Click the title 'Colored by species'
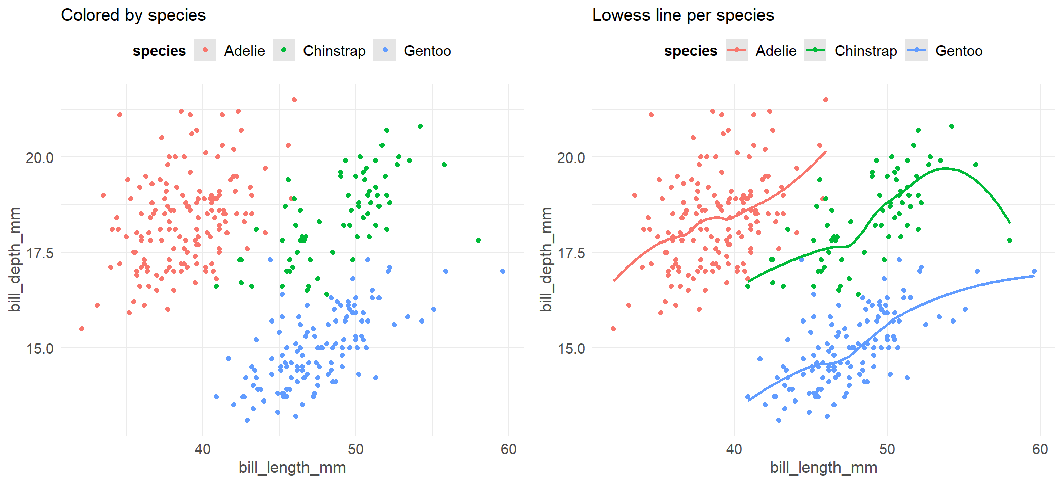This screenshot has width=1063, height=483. [x=133, y=15]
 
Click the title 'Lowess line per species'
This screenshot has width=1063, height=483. [x=683, y=15]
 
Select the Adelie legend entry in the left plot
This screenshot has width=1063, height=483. [x=244, y=51]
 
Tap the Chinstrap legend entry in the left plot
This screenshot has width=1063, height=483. [x=334, y=51]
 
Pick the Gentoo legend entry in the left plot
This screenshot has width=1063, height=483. [x=427, y=51]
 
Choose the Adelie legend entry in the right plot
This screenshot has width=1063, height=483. [x=776, y=51]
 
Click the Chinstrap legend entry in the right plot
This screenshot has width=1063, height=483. [x=865, y=51]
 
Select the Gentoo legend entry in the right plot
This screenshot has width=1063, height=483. [x=958, y=51]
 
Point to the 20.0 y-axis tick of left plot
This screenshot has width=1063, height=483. [x=39, y=157]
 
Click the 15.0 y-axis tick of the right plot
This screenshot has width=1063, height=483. [x=571, y=348]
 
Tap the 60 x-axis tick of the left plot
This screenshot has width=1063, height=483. [x=508, y=449]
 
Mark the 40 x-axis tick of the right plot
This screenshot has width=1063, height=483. [x=734, y=449]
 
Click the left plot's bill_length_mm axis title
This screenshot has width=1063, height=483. [x=292, y=468]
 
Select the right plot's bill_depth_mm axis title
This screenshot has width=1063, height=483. [x=546, y=259]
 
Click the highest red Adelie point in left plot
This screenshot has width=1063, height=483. [x=294, y=100]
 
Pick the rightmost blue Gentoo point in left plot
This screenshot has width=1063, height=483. [x=503, y=271]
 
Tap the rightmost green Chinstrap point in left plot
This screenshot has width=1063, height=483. [x=478, y=240]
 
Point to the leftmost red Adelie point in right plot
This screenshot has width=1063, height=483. [x=613, y=329]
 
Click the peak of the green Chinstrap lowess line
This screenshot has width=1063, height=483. [x=944, y=168]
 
